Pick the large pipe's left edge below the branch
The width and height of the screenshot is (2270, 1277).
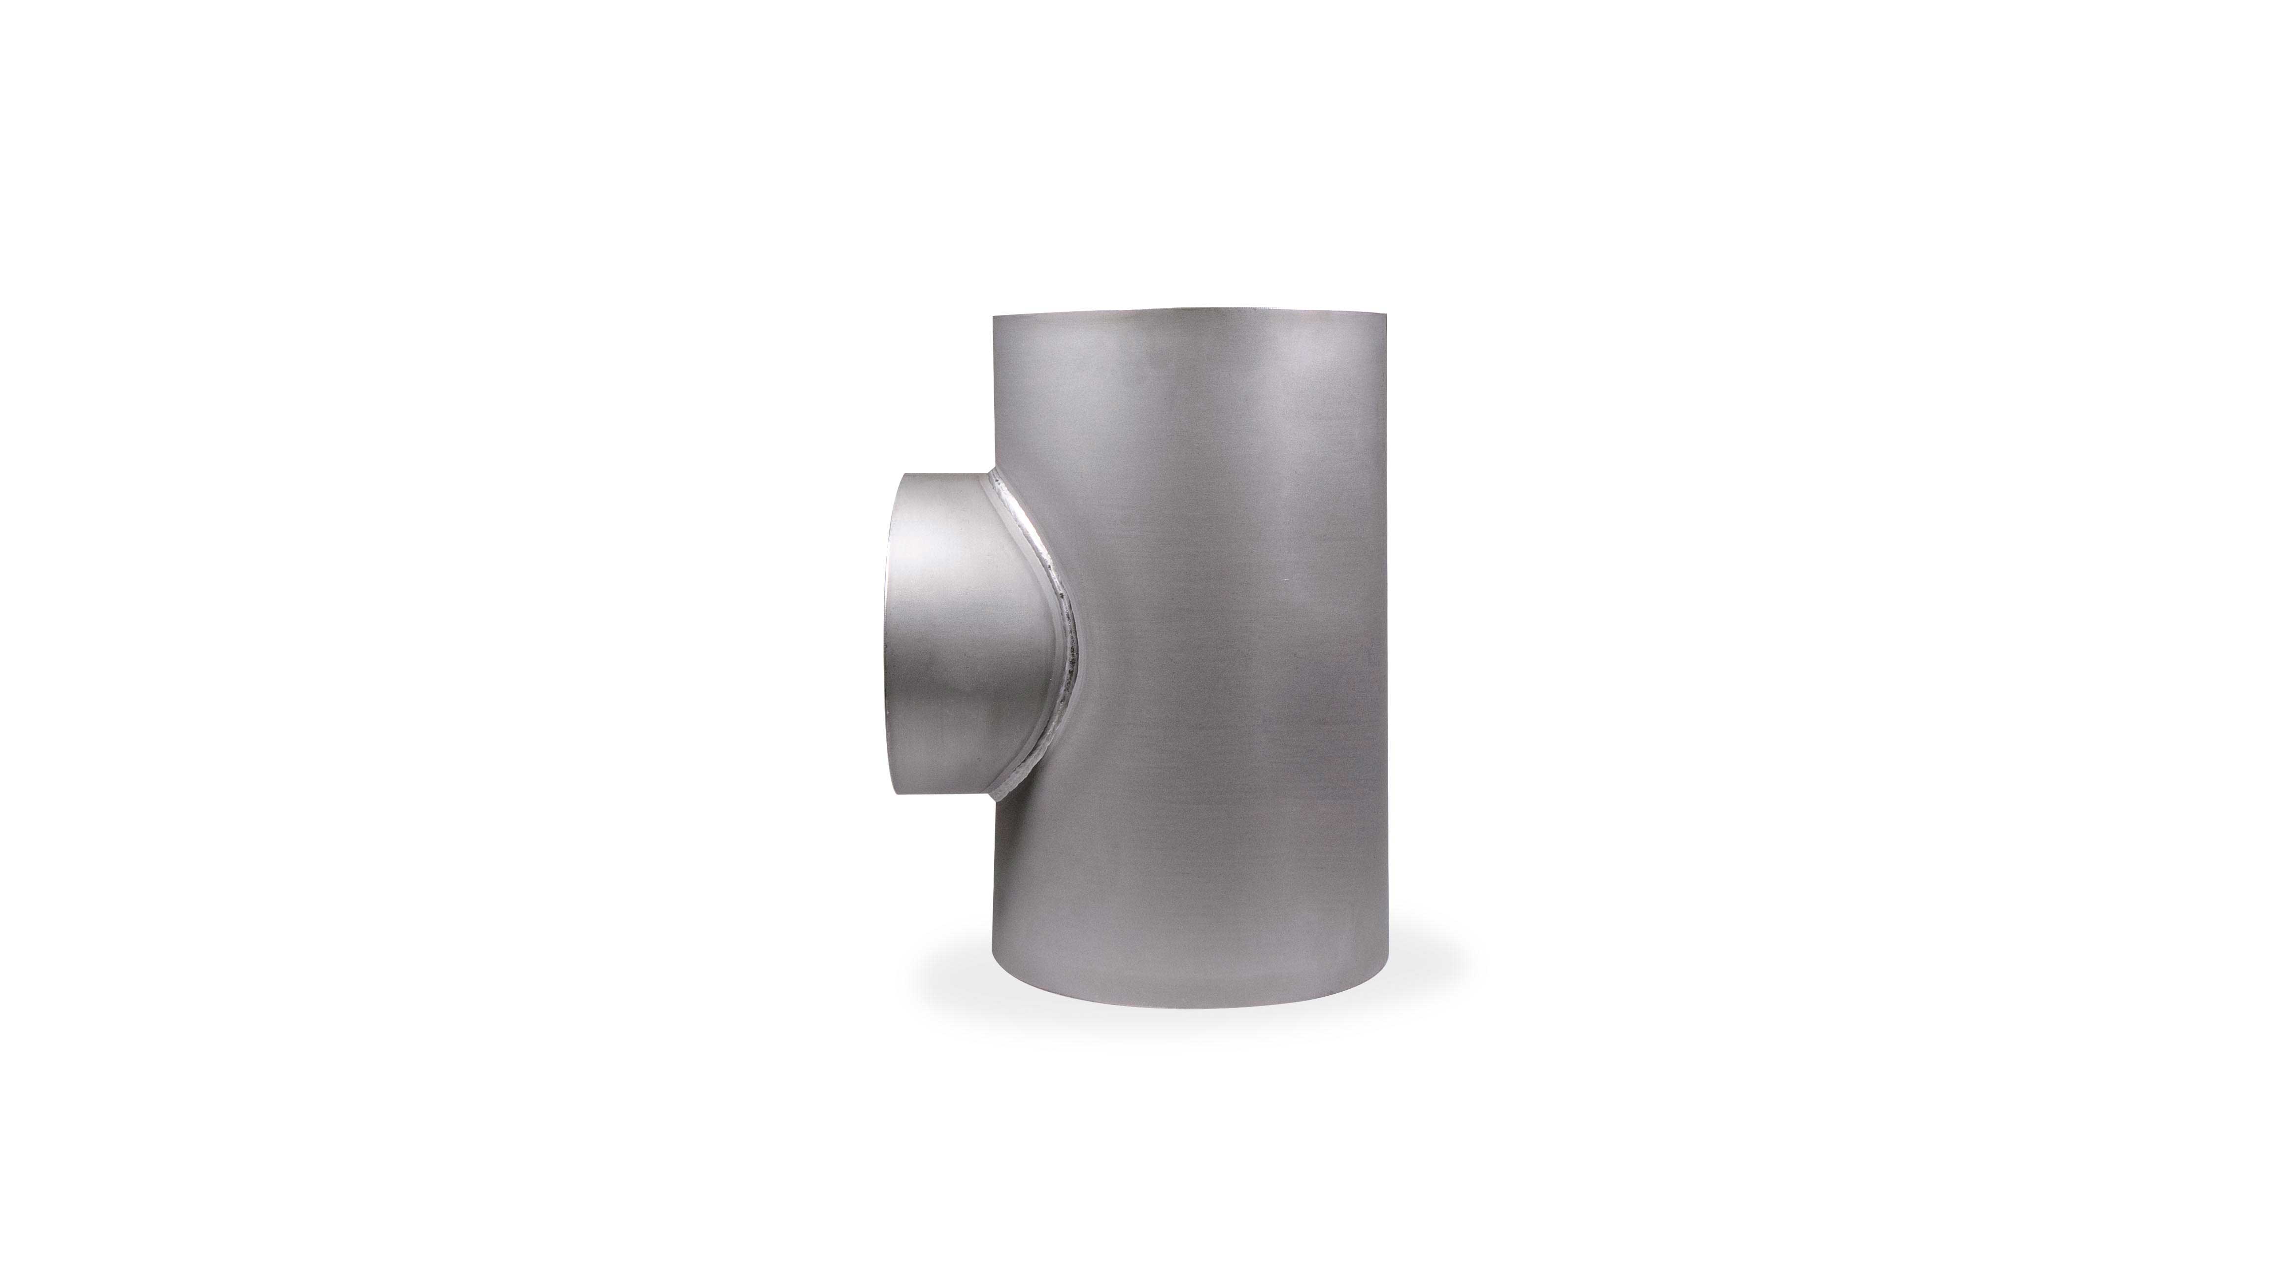tap(993, 881)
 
